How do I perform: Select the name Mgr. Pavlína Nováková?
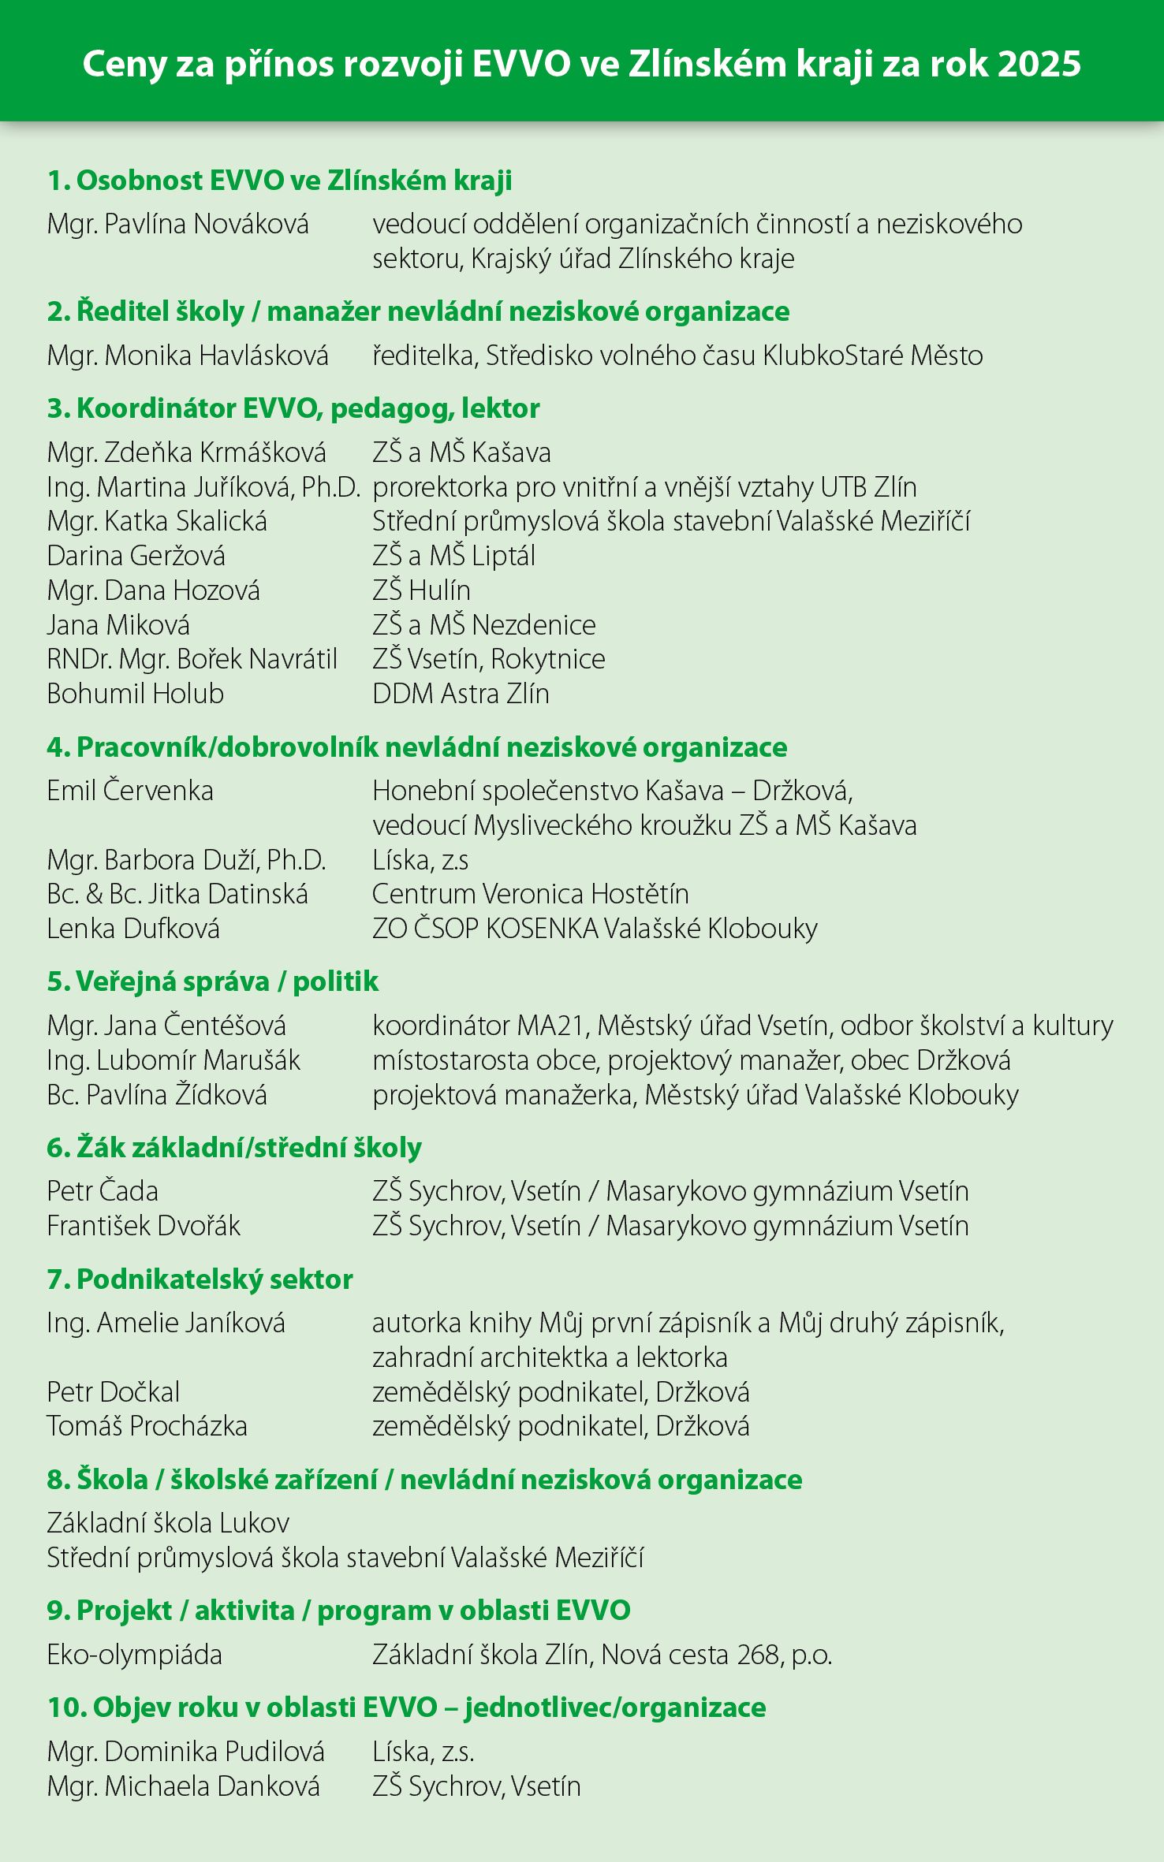click(x=177, y=225)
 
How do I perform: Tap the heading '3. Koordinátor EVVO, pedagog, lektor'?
click(x=293, y=408)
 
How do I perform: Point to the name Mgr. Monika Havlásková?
click(x=188, y=356)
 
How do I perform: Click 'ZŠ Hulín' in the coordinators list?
click(x=421, y=590)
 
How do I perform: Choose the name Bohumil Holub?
click(x=136, y=694)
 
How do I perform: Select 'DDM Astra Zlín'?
click(x=461, y=694)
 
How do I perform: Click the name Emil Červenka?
click(x=130, y=791)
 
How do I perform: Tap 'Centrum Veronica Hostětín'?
click(x=530, y=894)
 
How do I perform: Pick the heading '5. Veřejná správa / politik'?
click(x=213, y=981)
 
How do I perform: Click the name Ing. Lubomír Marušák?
click(x=173, y=1060)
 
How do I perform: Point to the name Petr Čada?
click(x=103, y=1191)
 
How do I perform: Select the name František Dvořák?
click(x=144, y=1226)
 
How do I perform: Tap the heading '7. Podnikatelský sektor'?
click(x=200, y=1279)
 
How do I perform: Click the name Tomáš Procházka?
click(x=147, y=1426)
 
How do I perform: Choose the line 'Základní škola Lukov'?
click(x=168, y=1523)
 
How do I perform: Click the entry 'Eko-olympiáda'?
click(x=134, y=1655)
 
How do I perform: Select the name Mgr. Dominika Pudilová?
click(x=185, y=1752)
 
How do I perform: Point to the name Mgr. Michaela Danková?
click(x=183, y=1786)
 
